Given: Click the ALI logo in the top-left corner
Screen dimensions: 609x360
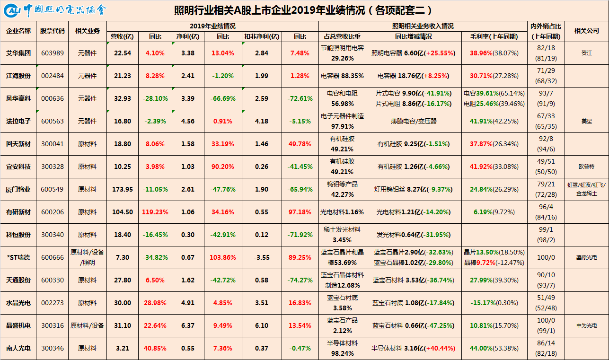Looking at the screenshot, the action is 12,11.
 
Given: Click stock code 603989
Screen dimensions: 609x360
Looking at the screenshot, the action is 52,53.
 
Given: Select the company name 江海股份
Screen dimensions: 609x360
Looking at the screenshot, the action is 18,76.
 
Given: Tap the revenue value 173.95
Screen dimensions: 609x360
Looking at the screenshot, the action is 123,189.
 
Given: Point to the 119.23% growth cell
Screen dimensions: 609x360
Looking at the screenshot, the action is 155,212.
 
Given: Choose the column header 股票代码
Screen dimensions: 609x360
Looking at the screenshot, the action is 52,31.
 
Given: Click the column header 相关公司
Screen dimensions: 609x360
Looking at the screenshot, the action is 586,31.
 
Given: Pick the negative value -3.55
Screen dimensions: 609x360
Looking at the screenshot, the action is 262,257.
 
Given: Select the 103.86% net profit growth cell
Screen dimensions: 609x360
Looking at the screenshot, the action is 223,257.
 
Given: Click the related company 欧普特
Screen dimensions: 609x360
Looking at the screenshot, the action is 586,167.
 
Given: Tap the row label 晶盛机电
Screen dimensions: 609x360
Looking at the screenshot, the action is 18,325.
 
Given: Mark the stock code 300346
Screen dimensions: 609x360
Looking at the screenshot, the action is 52,348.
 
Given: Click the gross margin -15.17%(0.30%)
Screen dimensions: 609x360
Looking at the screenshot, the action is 494,303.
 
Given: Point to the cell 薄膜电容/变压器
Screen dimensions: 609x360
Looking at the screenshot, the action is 414,121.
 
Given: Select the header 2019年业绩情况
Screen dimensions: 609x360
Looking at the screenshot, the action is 212,26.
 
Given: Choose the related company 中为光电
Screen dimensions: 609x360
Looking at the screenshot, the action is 586,325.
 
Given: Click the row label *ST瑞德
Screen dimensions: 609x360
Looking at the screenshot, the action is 18,257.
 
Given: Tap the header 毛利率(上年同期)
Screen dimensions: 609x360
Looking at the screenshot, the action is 494,37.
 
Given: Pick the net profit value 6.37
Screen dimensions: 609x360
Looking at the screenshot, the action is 187,325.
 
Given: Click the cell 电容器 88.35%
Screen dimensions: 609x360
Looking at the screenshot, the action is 342,76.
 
